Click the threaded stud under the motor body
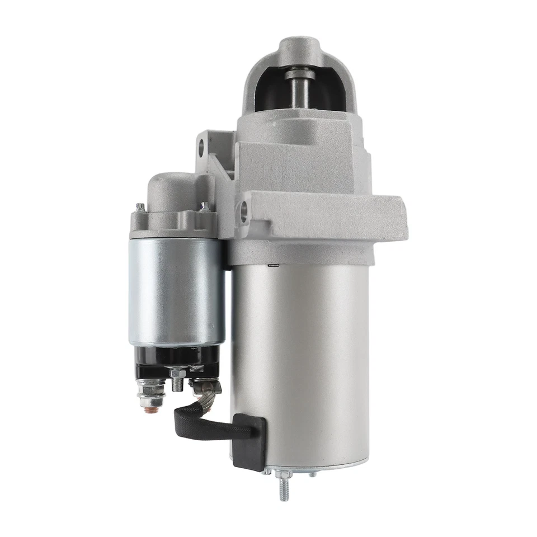point(284,486)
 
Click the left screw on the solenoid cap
point(140,208)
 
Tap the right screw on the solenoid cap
point(205,206)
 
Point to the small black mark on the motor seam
point(274,264)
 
